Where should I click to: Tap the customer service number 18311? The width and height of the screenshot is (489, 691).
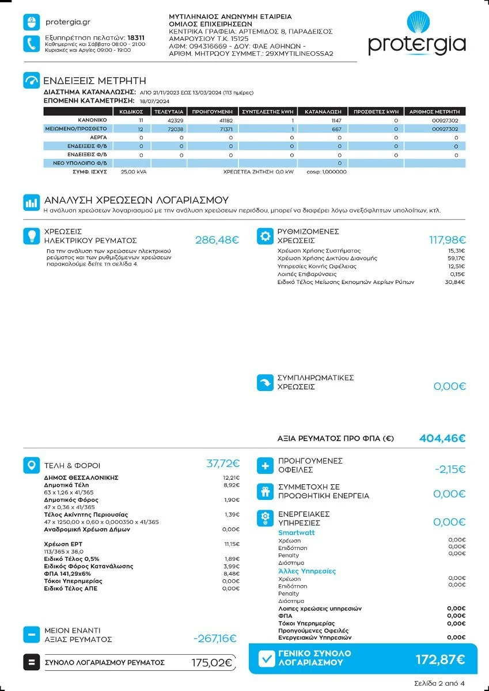click(x=136, y=37)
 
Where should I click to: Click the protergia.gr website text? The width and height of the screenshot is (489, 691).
click(x=67, y=22)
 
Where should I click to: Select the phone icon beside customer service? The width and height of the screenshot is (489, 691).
click(x=31, y=44)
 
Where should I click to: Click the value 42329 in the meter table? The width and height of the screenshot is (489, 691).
click(x=175, y=121)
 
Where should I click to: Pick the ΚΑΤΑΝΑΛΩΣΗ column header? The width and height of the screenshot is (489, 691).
click(x=323, y=112)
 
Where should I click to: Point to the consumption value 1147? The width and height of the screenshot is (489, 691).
click(x=336, y=121)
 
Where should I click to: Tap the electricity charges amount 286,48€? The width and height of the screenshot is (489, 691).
click(x=217, y=240)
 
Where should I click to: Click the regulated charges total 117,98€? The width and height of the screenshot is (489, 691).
click(x=448, y=240)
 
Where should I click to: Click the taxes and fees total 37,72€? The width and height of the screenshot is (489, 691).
click(x=223, y=464)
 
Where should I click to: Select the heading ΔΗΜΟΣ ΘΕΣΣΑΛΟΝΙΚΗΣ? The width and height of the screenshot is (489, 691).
click(x=81, y=478)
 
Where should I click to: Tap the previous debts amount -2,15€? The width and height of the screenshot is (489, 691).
click(x=450, y=469)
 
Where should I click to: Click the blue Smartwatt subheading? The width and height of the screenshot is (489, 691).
click(x=296, y=533)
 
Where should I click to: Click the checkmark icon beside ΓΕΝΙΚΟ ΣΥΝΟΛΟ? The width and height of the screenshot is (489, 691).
click(x=267, y=659)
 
